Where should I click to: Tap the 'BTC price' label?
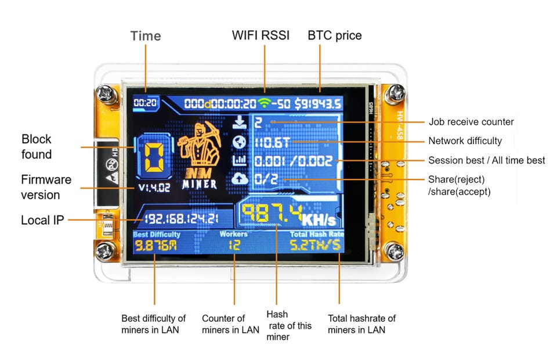pyautogui.click(x=335, y=35)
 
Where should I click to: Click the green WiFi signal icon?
pyautogui.click(x=265, y=103)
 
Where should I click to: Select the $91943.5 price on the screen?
pyautogui.click(x=317, y=104)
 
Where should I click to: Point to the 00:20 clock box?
pyautogui.click(x=145, y=103)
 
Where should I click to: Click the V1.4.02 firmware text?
pyautogui.click(x=154, y=188)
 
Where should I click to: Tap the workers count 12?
pyautogui.click(x=234, y=246)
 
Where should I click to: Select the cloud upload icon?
pyautogui.click(x=240, y=179)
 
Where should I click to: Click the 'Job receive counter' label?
pyautogui.click(x=471, y=122)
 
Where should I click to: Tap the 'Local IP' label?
pyautogui.click(x=43, y=221)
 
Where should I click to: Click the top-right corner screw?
pyautogui.click(x=397, y=92)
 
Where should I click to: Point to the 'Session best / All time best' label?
pyautogui.click(x=486, y=160)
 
